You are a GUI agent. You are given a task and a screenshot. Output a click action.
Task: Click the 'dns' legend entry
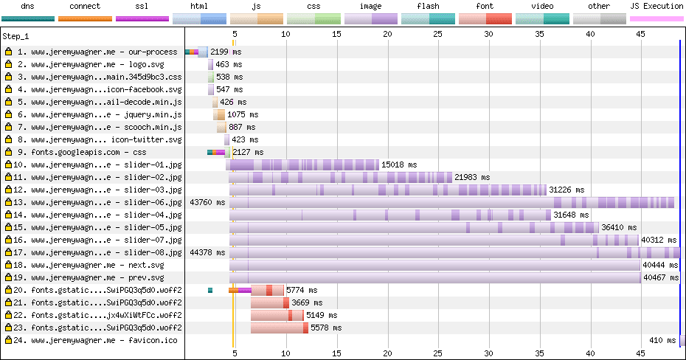[28, 6]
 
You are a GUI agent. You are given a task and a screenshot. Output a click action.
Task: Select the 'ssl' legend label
[142, 6]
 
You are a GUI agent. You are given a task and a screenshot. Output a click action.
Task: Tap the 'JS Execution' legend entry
[656, 6]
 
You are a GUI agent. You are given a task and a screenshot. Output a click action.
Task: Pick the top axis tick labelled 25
[438, 34]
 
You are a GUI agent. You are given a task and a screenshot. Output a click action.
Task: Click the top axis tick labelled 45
[641, 34]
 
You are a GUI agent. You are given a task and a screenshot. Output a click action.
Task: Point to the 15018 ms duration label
[399, 165]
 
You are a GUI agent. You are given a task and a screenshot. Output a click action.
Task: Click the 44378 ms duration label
[207, 252]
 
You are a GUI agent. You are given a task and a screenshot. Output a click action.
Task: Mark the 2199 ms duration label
[226, 52]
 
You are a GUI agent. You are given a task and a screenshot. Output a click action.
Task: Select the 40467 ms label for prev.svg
[661, 278]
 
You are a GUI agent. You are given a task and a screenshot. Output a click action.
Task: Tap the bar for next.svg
[435, 265]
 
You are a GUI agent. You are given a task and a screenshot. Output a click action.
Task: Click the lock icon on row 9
[8, 153]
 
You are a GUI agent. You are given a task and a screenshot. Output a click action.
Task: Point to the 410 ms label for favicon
[662, 341]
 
